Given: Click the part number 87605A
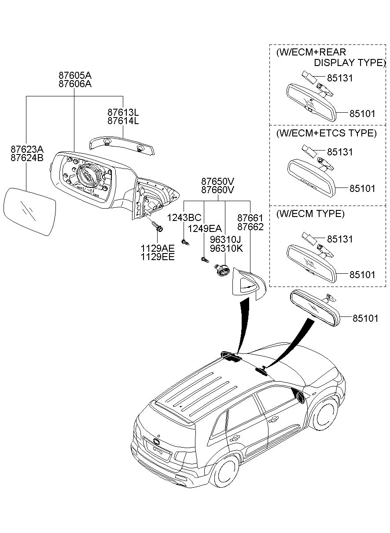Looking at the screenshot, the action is click(x=75, y=75).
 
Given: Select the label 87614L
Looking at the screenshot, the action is click(x=123, y=121).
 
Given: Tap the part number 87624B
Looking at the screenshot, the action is click(x=27, y=158).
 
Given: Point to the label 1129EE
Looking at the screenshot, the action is click(x=158, y=257).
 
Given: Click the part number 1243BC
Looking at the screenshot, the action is click(x=184, y=217).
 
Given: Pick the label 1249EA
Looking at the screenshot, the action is click(x=205, y=229).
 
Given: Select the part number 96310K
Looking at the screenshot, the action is click(x=226, y=248).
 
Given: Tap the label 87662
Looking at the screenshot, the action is click(x=250, y=227).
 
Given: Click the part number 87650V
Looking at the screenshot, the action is click(x=218, y=181).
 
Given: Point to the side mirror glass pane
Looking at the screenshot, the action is click(x=30, y=211).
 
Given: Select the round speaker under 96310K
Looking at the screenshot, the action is click(x=222, y=271).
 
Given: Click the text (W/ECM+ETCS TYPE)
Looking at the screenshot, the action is click(x=327, y=133).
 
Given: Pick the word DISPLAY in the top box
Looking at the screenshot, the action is click(x=334, y=62).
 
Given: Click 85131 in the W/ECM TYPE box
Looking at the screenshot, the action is click(x=339, y=239).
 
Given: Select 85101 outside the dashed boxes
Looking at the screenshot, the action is click(x=365, y=318).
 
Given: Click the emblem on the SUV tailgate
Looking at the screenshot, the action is click(x=157, y=441).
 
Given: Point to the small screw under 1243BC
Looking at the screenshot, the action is click(x=185, y=242).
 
